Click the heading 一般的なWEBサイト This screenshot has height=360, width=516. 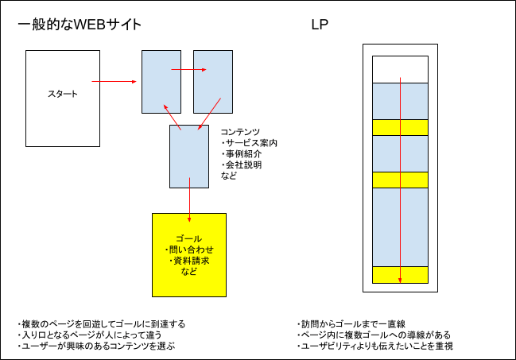tap(80, 25)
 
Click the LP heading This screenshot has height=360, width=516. tap(320, 25)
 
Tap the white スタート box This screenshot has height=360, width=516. tap(63, 94)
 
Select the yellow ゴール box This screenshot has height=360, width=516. tap(189, 254)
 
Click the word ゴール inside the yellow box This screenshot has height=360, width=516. tap(189, 238)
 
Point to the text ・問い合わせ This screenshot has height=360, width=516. tap(189, 250)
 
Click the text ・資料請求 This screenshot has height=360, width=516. tap(189, 261)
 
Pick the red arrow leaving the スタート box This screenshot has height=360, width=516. tap(116, 80)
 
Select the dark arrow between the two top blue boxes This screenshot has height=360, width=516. tap(188, 70)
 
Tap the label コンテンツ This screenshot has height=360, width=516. tap(240, 132)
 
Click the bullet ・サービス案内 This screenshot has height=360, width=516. tap(249, 143)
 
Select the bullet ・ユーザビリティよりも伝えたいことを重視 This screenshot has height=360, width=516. tap(378, 346)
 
